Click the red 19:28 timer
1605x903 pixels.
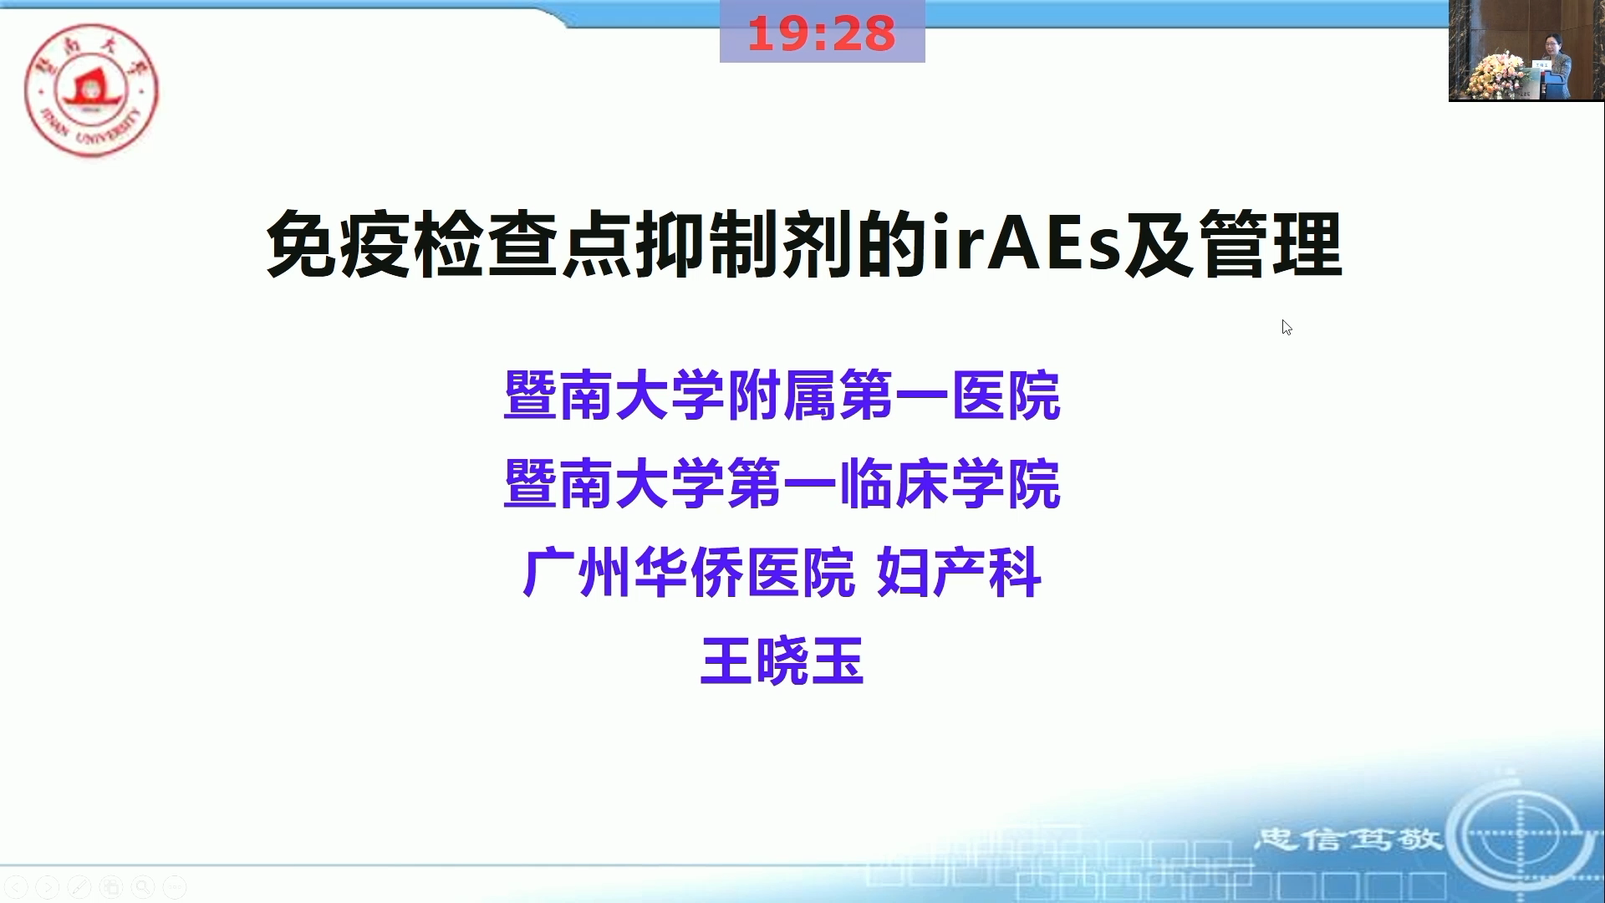click(822, 33)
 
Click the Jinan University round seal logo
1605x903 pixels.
click(91, 89)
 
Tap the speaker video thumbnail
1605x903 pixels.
click(1526, 50)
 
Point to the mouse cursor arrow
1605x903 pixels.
click(1287, 327)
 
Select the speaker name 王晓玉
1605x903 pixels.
click(782, 661)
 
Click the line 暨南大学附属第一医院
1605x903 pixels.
click(782, 395)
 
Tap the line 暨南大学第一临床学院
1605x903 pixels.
click(782, 484)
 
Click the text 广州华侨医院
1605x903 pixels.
click(689, 573)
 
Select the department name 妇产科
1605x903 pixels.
click(959, 573)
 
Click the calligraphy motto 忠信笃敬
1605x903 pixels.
click(1348, 838)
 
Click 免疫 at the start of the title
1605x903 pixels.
click(339, 243)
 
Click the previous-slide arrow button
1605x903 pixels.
click(16, 886)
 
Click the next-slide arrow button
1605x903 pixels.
click(48, 886)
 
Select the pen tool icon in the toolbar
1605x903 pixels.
click(79, 886)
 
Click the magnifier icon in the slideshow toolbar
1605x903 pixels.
click(143, 886)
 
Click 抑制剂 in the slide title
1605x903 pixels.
click(745, 243)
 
